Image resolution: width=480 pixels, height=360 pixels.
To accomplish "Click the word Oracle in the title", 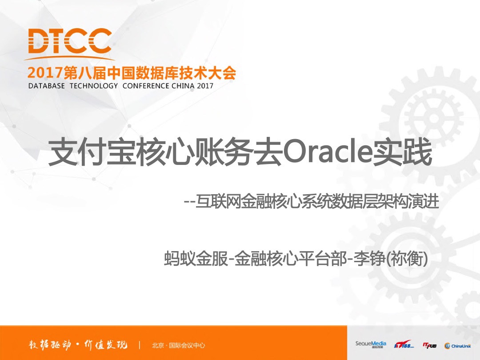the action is [x=327, y=152].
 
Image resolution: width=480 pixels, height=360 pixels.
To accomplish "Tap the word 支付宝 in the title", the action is [x=92, y=152].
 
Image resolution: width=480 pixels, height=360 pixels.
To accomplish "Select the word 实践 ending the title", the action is [x=402, y=152].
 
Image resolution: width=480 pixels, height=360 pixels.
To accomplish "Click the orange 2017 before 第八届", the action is [x=45, y=73].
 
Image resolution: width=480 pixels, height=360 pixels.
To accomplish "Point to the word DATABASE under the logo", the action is [x=47, y=86].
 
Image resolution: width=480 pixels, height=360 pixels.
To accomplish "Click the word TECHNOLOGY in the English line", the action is [x=94, y=86].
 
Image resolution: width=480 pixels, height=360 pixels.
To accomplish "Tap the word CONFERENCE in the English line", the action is [x=146, y=86].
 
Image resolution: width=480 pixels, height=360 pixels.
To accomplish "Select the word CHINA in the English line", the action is [x=183, y=86].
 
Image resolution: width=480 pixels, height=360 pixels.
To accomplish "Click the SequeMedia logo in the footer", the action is [x=371, y=344].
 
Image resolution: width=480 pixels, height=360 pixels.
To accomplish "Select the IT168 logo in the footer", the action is [x=404, y=344].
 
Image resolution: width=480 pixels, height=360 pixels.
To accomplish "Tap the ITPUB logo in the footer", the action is [x=429, y=345].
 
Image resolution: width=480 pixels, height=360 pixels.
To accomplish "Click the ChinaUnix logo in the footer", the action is [x=457, y=346].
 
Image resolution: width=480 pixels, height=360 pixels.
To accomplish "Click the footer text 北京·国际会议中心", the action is [x=179, y=345].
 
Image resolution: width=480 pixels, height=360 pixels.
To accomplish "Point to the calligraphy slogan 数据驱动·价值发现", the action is [x=78, y=345].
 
